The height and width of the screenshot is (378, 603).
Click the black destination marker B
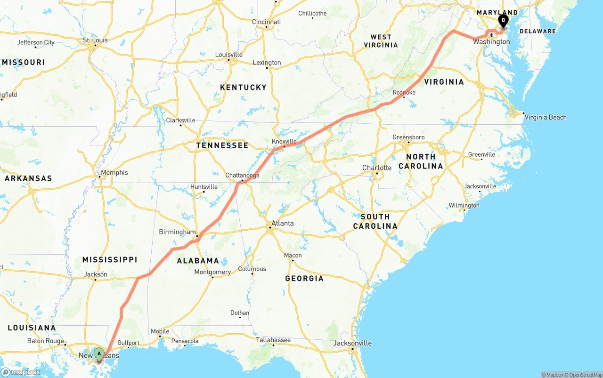503,21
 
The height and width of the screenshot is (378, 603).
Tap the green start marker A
99,354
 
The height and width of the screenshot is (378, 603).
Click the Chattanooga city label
242,176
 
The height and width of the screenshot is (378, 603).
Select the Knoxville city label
284,141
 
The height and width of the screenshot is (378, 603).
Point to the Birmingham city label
177,232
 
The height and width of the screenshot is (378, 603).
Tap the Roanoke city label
404,93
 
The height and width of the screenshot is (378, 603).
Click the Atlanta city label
283,224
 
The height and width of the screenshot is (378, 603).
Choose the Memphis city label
114,173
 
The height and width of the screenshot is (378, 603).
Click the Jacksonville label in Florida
352,343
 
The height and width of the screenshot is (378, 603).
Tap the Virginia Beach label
545,117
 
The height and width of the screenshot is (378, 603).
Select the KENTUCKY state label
244,87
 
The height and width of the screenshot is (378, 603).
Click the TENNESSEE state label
222,145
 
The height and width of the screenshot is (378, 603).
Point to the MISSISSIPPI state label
110,259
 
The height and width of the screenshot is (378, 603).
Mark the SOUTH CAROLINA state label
375,221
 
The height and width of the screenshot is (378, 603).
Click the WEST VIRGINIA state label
381,41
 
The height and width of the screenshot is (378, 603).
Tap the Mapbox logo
20,372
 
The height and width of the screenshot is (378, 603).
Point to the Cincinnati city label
266,22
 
